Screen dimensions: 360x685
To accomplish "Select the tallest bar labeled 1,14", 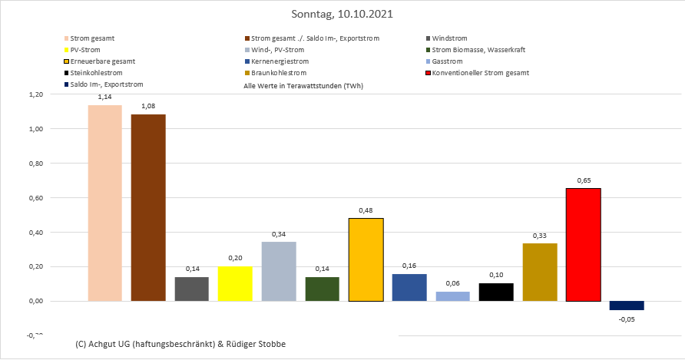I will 104,203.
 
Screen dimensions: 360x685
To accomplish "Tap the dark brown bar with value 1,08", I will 148,207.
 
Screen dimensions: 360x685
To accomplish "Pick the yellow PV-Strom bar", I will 235,283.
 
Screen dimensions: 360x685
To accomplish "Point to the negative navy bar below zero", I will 627,306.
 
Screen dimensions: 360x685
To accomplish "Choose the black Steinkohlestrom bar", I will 496,292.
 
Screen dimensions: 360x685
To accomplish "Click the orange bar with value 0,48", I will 366,259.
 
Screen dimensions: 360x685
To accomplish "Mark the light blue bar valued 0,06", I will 452,296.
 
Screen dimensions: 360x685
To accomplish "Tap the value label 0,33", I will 540,235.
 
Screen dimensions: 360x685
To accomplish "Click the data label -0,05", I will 627,319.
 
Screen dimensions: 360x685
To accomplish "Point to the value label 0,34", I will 278,234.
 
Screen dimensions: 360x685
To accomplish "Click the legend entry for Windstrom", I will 449,38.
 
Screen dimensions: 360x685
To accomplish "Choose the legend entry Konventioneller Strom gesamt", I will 481,73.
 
